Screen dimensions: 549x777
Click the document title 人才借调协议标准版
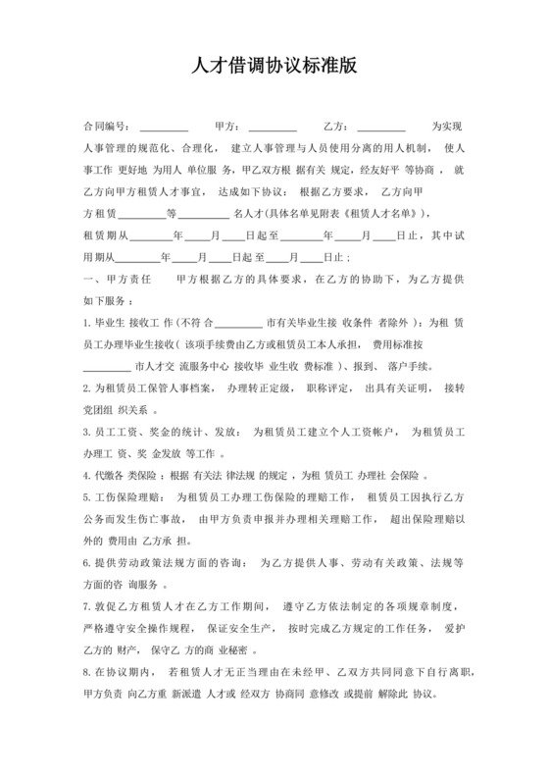pos(274,67)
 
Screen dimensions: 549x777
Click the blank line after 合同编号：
pos(164,129)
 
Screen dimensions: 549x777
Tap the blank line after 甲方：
pos(273,129)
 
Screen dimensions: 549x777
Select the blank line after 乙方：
pos(381,129)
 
